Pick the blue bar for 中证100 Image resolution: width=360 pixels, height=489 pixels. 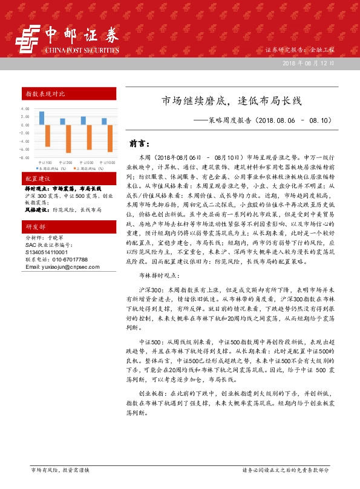(x=42, y=117)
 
